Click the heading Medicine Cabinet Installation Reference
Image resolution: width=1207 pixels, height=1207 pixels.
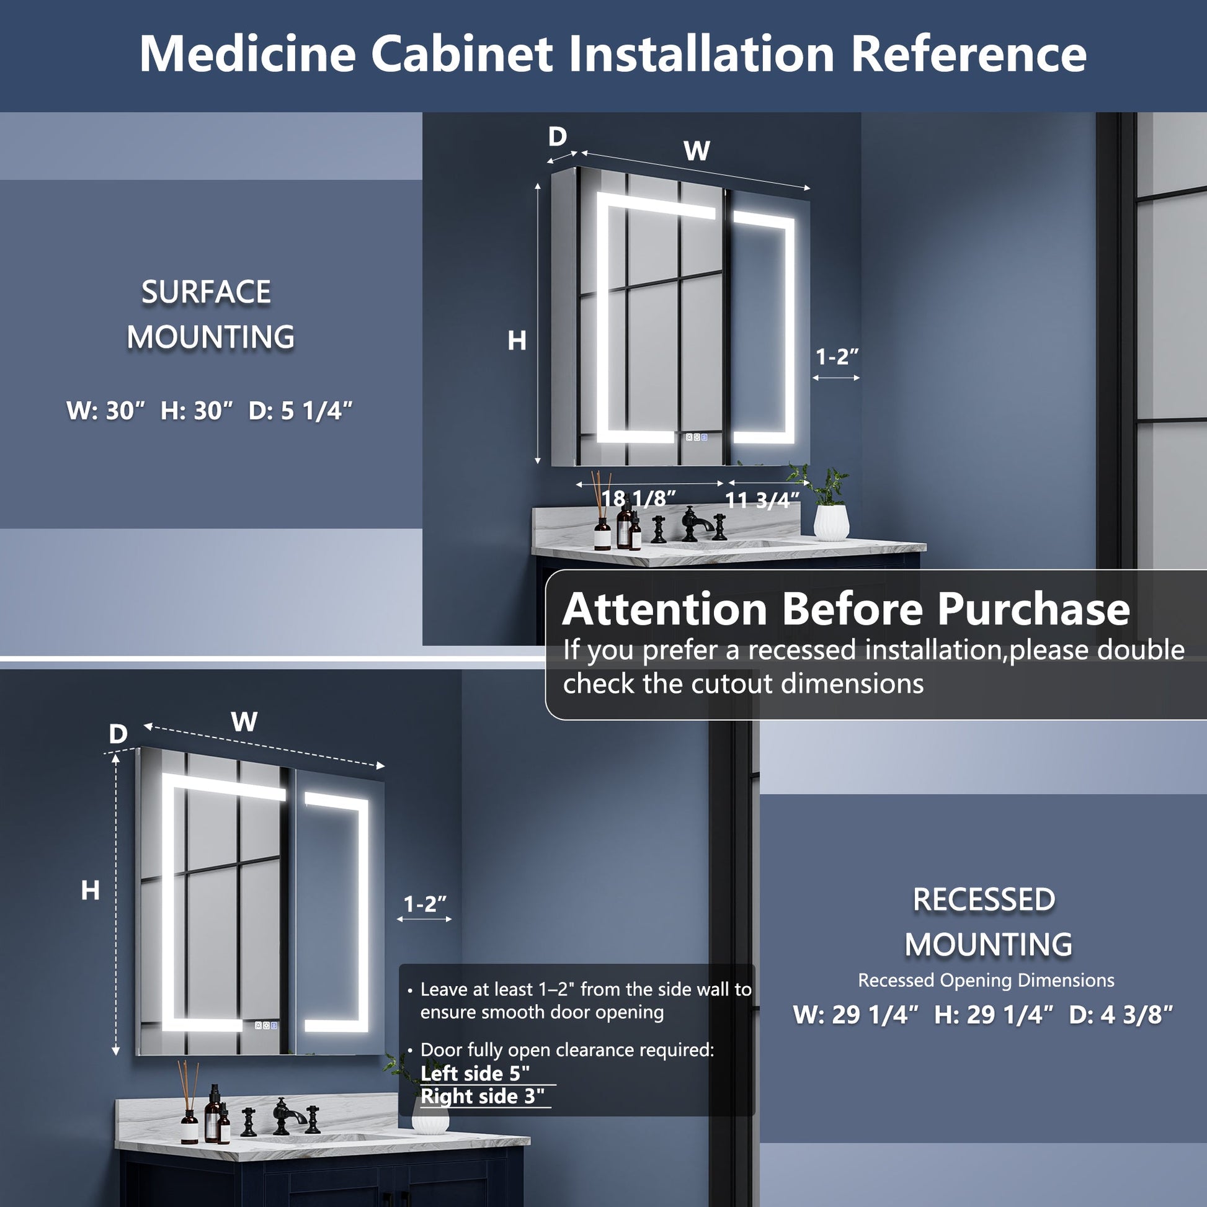point(613,55)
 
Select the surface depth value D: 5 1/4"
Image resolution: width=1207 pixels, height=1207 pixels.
point(300,411)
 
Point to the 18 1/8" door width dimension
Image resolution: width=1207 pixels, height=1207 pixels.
point(638,498)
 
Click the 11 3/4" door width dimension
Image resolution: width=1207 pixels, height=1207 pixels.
point(762,500)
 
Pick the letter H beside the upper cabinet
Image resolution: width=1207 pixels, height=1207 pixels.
point(517,341)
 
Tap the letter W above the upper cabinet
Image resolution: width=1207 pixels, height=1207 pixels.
point(697,151)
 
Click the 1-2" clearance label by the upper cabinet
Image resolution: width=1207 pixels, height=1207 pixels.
point(837,357)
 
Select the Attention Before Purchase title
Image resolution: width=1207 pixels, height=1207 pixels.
point(846,608)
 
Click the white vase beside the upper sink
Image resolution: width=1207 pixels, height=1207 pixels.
point(831,522)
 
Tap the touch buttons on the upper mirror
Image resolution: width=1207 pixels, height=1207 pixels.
point(696,437)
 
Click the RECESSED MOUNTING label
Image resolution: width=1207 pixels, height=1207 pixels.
point(987,922)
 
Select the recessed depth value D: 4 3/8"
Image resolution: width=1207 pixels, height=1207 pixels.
point(1121,1015)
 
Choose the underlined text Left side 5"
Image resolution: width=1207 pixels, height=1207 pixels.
point(475,1073)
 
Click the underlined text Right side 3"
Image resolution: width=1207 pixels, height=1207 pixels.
point(483,1097)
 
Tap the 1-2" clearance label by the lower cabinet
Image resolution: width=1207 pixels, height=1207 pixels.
point(425,904)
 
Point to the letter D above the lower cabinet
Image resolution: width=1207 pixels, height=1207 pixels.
point(117,734)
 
